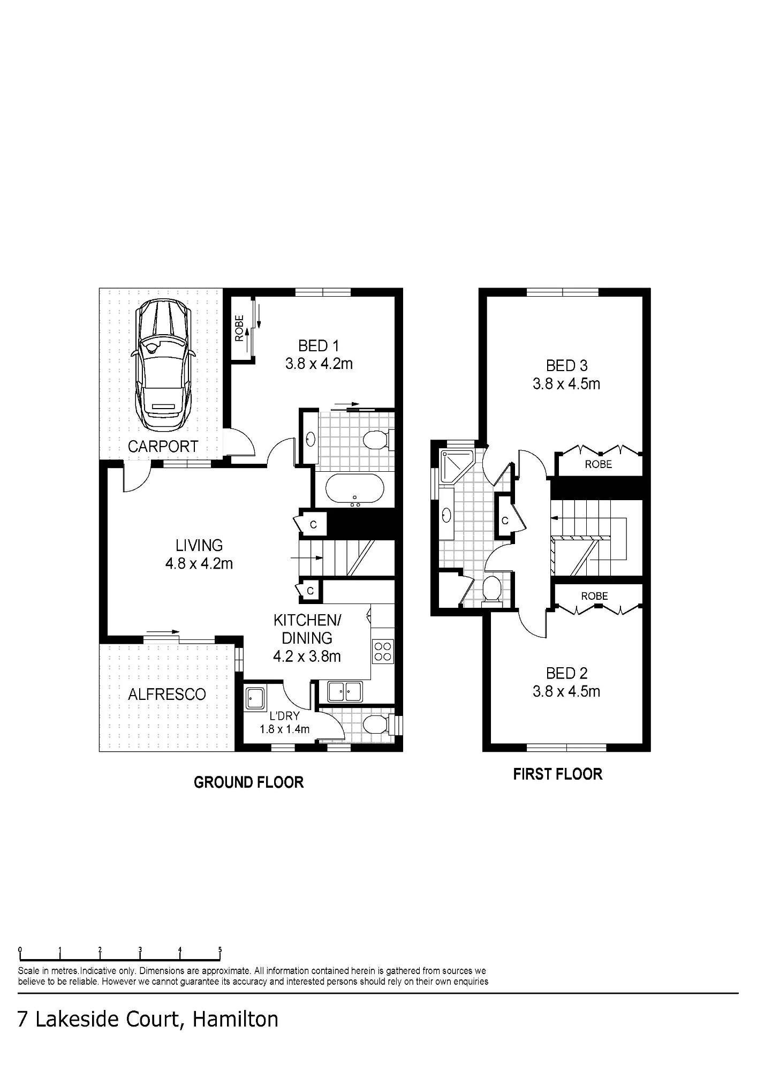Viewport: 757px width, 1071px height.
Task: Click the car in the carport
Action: click(163, 365)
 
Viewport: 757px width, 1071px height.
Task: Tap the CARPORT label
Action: click(163, 447)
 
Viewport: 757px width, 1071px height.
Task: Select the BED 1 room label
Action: click(319, 346)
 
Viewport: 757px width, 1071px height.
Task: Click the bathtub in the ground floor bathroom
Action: click(354, 489)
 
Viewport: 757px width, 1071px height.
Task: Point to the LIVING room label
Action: click(199, 546)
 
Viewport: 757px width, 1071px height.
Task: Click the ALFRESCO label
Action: click(167, 695)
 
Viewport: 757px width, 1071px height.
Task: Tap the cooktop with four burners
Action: click(383, 651)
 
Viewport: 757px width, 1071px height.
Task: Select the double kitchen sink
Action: click(345, 691)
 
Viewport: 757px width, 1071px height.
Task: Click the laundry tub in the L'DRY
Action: click(254, 698)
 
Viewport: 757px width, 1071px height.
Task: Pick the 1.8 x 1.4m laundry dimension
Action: click(284, 729)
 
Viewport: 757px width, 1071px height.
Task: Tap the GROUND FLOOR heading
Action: click(248, 782)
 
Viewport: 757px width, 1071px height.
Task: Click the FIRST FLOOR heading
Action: click(557, 774)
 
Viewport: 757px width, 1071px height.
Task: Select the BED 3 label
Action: click(566, 366)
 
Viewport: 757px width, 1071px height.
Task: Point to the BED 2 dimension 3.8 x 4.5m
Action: click(566, 691)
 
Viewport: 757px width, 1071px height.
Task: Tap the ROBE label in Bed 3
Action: click(598, 464)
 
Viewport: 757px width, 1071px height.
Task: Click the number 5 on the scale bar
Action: click(219, 949)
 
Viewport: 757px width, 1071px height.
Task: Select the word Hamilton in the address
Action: click(235, 1020)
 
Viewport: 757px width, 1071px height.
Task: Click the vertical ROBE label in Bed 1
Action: click(239, 328)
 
